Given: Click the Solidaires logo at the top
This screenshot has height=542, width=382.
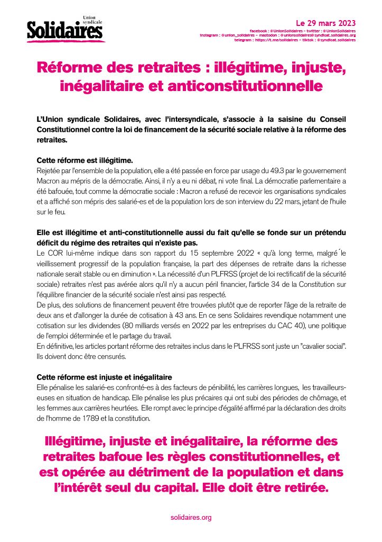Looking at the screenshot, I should point(66,30).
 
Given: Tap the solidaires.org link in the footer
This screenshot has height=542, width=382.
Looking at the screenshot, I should point(191,517).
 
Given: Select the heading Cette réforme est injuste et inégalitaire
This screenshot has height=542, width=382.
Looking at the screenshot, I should point(104,377).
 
